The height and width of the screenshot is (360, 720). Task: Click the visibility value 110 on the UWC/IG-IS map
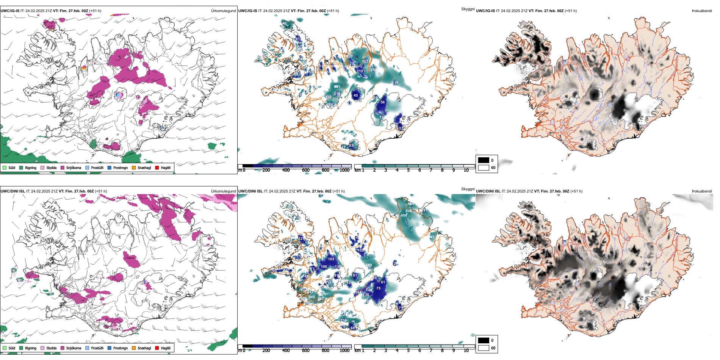click(360, 71)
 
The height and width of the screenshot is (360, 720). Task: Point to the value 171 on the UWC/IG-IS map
click(395, 83)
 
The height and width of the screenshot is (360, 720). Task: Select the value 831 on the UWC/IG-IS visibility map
click(337, 87)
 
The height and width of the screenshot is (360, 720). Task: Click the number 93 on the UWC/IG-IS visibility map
click(351, 146)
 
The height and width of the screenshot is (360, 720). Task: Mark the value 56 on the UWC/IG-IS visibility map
click(383, 102)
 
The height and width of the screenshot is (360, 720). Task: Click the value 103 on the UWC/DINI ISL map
click(331, 259)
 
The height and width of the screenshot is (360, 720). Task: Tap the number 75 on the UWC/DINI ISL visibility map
click(378, 288)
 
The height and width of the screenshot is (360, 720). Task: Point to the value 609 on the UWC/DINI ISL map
click(369, 265)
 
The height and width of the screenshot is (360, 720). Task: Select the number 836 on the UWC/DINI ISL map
click(409, 211)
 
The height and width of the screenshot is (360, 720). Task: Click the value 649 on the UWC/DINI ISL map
click(311, 297)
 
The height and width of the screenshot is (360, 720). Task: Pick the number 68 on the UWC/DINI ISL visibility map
click(353, 328)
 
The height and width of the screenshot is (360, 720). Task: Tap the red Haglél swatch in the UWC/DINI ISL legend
click(157, 348)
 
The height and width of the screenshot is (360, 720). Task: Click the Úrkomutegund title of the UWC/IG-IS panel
click(223, 11)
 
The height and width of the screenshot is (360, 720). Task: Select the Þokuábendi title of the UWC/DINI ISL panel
click(702, 191)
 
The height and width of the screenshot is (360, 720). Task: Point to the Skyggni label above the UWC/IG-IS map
click(468, 9)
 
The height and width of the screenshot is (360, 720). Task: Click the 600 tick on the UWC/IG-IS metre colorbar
click(305, 170)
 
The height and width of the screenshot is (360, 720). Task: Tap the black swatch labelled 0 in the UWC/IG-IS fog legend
click(484, 160)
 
